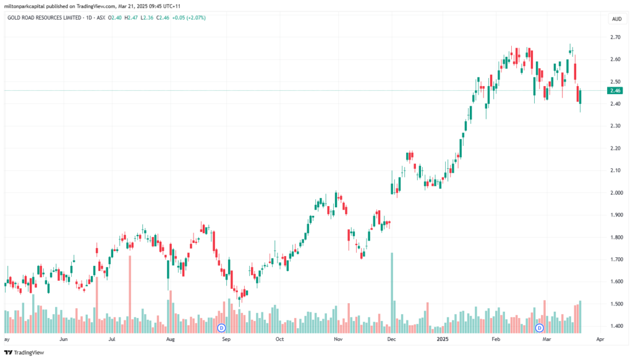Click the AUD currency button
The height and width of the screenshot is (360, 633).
click(616, 19)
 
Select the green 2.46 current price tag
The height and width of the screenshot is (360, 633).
click(615, 90)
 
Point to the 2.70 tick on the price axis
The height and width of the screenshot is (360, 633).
click(615, 37)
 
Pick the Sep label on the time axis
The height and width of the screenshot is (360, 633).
click(226, 339)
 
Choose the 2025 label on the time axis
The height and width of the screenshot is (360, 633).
click(443, 339)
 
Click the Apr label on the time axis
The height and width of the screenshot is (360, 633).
click(600, 339)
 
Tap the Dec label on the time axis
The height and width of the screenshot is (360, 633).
click(391, 339)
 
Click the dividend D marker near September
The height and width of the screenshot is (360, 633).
click(221, 328)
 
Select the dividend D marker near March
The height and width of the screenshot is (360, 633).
click(539, 328)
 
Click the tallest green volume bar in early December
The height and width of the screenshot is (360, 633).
click(391, 293)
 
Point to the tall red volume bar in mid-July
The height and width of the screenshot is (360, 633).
click(130, 294)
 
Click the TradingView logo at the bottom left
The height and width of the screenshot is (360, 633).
click(24, 353)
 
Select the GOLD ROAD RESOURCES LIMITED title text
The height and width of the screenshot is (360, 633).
click(40, 18)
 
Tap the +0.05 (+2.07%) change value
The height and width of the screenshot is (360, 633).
click(189, 18)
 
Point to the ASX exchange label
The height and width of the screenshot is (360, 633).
click(101, 18)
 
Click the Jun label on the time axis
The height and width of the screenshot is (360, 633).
click(64, 339)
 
